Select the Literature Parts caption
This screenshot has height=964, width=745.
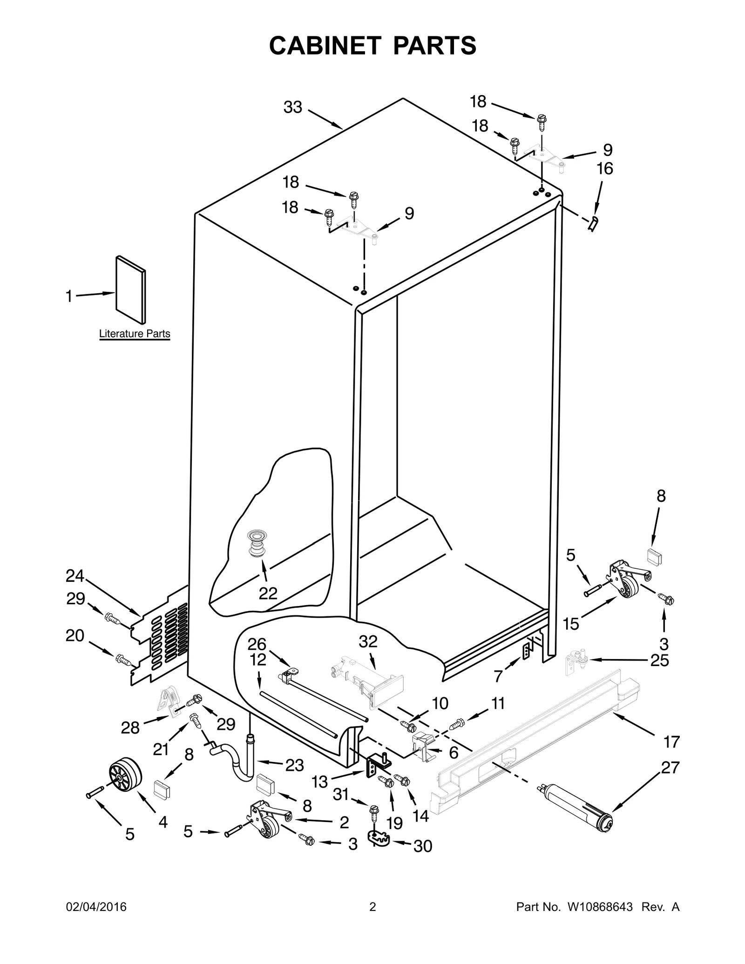(x=135, y=334)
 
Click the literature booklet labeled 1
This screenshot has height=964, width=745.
(x=130, y=290)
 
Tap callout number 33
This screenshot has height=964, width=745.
(x=293, y=108)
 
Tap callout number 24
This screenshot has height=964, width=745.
(x=74, y=576)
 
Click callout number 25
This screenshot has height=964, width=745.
(x=659, y=660)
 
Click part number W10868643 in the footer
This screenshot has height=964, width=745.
(x=600, y=907)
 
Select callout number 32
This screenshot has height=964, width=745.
(x=368, y=641)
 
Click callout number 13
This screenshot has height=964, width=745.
(x=320, y=782)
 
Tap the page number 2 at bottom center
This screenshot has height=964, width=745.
(x=372, y=907)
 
